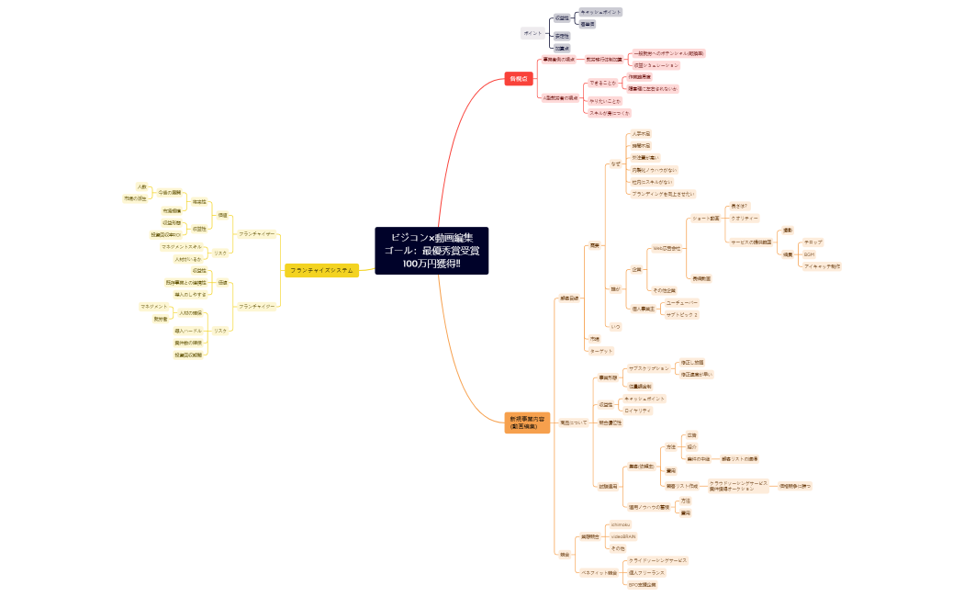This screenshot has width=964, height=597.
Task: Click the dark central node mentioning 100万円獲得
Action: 432,251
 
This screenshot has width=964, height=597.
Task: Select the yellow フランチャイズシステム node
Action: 321,270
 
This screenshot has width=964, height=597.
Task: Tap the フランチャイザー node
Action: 257,234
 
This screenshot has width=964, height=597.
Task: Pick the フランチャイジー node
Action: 257,306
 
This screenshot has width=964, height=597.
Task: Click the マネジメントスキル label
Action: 182,247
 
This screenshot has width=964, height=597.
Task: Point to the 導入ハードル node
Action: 188,331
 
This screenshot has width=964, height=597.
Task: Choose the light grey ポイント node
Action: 532,33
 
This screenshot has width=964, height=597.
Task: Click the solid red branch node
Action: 519,79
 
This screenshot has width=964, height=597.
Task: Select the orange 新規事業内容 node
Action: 527,422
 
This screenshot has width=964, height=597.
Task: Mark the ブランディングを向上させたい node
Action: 663,194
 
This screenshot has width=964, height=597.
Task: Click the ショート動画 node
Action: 705,219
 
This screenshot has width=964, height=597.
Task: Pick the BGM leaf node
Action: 809,254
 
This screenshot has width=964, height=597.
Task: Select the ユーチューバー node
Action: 682,302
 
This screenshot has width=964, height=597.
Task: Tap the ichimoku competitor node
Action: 621,524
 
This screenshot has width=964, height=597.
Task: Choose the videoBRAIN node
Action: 623,536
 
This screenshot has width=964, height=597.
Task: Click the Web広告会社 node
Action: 666,248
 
